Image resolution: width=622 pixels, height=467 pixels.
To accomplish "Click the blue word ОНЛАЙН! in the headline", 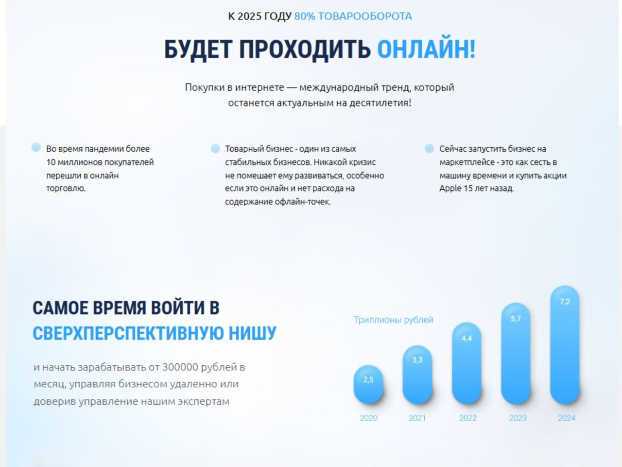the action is pyautogui.click(x=426, y=49).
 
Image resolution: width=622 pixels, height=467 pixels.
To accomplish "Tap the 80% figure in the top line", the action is pyautogui.click(x=305, y=16).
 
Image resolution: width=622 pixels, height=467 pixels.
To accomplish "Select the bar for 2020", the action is pyautogui.click(x=368, y=384).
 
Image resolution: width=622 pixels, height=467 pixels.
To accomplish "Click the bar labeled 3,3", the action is pyautogui.click(x=417, y=375).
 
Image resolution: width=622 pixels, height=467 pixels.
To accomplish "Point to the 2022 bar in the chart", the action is pyautogui.click(x=466, y=363).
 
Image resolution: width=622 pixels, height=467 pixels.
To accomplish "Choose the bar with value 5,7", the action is pyautogui.click(x=516, y=353).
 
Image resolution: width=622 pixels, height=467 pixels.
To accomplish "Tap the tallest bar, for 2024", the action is pyautogui.click(x=565, y=345).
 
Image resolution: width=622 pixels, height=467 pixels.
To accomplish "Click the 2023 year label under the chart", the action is pyautogui.click(x=518, y=418).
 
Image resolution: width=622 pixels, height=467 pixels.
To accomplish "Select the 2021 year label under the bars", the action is pyautogui.click(x=417, y=418).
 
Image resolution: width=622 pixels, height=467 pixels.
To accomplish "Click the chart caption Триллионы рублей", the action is pyautogui.click(x=394, y=320).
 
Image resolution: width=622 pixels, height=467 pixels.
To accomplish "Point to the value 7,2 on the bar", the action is pyautogui.click(x=565, y=302).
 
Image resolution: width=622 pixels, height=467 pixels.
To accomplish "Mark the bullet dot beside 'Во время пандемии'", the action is pyautogui.click(x=36, y=147).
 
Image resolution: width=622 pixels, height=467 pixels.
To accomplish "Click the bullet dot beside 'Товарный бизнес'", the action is pyautogui.click(x=215, y=148).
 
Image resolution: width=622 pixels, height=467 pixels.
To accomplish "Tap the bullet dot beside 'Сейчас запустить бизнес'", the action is pyautogui.click(x=429, y=148).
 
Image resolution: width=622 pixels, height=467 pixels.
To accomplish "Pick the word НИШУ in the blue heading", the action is pyautogui.click(x=253, y=333).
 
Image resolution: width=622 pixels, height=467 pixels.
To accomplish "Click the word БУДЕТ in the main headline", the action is pyautogui.click(x=198, y=50).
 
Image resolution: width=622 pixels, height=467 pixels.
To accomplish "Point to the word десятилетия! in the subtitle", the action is pyautogui.click(x=380, y=103).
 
